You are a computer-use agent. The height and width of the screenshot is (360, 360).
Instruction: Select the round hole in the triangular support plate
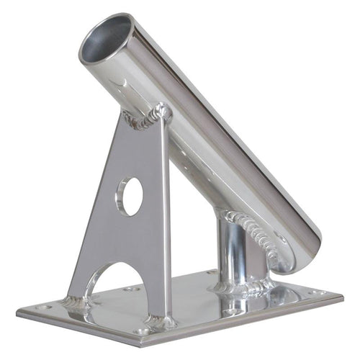point(130,196)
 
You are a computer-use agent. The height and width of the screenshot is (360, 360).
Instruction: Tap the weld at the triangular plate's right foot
point(160,321)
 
